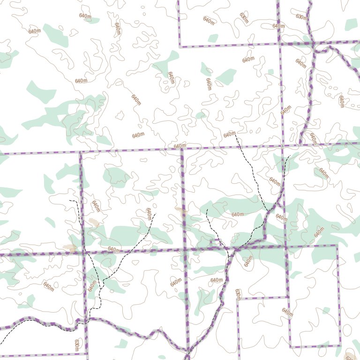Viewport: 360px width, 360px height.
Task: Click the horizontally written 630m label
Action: (x=302, y=17)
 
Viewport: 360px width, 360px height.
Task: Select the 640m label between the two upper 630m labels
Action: (x=278, y=26)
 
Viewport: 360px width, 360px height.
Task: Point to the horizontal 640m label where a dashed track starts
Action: (x=229, y=135)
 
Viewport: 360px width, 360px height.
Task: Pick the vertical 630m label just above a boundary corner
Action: (x=237, y=294)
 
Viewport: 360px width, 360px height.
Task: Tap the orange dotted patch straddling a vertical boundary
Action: (x=181, y=211)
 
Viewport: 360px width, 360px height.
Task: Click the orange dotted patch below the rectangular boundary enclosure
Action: (x=349, y=355)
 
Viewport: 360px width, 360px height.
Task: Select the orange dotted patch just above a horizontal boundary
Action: (x=71, y=248)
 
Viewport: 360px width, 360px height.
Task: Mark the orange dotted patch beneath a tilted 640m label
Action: (x=94, y=222)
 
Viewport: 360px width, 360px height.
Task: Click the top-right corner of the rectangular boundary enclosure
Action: (x=337, y=245)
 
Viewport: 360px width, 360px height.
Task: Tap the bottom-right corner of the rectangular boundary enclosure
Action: (x=339, y=346)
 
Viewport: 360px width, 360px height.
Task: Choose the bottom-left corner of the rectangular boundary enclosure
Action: (x=290, y=346)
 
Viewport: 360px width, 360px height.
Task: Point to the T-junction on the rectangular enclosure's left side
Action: (x=287, y=297)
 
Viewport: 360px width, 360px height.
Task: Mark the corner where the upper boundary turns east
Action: (x=180, y=47)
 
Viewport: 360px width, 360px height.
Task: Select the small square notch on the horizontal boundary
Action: (x=216, y=243)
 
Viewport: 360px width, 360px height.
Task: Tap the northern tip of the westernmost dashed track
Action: (x=69, y=201)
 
